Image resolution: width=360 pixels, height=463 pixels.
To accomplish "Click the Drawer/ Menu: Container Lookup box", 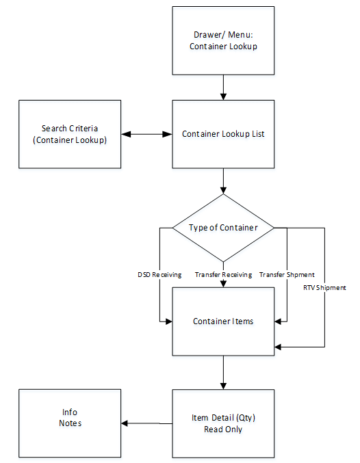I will (x=223, y=41).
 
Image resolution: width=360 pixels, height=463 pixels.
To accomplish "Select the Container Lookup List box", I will (x=223, y=134).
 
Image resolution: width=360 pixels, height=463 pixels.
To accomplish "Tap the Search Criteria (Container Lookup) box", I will (x=70, y=134).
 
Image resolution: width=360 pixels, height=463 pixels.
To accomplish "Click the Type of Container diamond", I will (x=223, y=228).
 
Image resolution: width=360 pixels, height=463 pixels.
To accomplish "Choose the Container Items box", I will (x=223, y=321).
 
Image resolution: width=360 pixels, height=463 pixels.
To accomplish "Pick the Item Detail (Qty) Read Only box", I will (x=223, y=423).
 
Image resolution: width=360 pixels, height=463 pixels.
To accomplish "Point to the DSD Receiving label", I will (x=159, y=275).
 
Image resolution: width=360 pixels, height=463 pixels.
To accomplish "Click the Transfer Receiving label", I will (x=223, y=275).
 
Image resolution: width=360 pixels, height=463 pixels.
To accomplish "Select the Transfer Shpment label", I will (x=287, y=275).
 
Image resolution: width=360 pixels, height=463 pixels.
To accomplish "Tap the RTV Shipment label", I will (x=324, y=288).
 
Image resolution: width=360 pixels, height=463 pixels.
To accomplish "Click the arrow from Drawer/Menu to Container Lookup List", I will (x=223, y=88).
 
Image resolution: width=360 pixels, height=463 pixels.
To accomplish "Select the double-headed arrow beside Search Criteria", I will (x=146, y=134).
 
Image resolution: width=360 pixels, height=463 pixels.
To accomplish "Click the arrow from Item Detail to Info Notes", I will (x=146, y=423).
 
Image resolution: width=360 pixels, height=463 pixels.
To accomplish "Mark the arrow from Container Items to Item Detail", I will (x=223, y=372).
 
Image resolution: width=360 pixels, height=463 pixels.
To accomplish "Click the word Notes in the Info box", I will (x=70, y=423).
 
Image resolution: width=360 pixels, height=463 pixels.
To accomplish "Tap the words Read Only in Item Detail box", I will (x=223, y=429).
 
